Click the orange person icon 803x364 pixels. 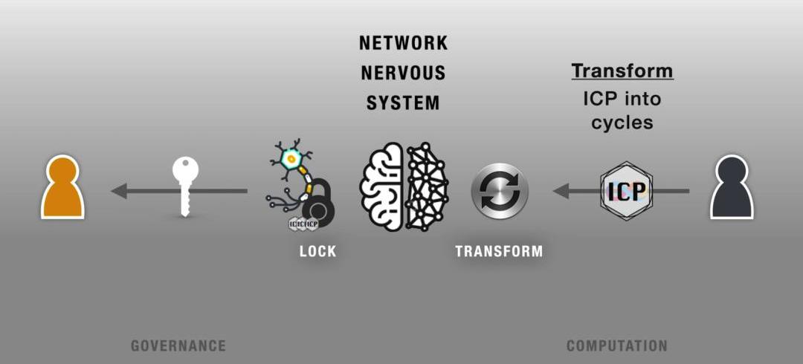[62, 188]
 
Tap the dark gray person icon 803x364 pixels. [732, 188]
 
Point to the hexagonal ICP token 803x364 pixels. [626, 191]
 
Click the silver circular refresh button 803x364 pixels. [500, 191]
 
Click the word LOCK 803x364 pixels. [318, 251]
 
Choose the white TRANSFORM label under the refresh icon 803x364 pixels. [499, 251]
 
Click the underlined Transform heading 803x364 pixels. [622, 71]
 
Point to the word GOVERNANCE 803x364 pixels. [178, 345]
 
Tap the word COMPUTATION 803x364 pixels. [617, 345]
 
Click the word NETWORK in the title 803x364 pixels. [404, 43]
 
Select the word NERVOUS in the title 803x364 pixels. [404, 73]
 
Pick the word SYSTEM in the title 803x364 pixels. [404, 103]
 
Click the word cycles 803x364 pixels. [622, 123]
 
